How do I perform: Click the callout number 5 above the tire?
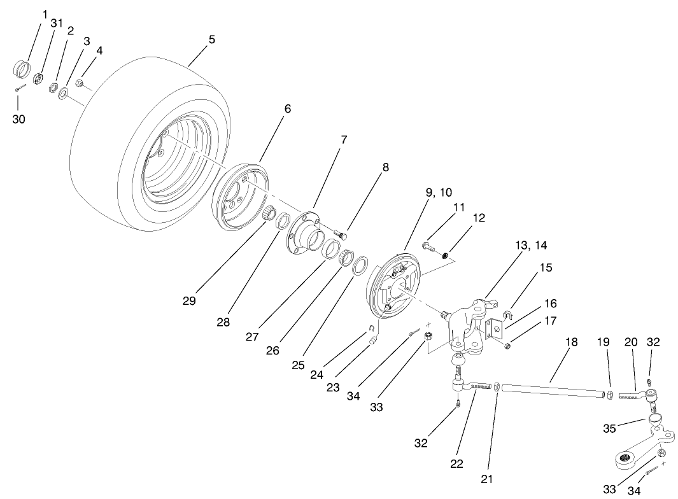point(211,39)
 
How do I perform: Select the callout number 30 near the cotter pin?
point(19,119)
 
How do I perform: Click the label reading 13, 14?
point(531,245)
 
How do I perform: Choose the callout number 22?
point(456,464)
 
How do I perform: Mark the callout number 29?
point(188,300)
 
